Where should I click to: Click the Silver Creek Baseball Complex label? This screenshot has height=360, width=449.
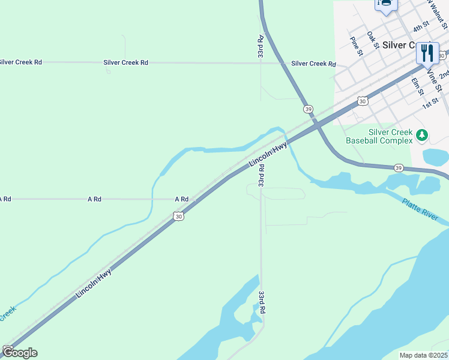click(379, 136)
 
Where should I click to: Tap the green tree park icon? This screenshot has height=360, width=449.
click(422, 136)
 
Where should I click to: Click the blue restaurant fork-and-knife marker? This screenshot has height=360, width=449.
click(427, 53)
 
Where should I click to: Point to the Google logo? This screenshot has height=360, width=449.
click(20, 352)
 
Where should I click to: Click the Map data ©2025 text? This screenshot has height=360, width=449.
click(423, 355)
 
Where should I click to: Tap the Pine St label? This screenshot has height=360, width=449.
click(357, 45)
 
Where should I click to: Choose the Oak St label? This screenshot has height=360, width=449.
click(373, 40)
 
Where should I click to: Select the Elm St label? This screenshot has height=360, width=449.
click(417, 86)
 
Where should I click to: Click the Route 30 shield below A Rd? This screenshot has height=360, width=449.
click(178, 216)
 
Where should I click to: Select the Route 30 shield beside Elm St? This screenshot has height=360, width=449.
click(362, 101)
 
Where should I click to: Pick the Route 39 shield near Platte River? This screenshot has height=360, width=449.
click(399, 168)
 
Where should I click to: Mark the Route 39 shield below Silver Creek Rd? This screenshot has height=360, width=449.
click(308, 109)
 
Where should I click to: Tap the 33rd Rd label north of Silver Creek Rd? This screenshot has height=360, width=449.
click(261, 46)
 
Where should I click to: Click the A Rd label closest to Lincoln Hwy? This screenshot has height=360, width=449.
click(181, 199)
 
